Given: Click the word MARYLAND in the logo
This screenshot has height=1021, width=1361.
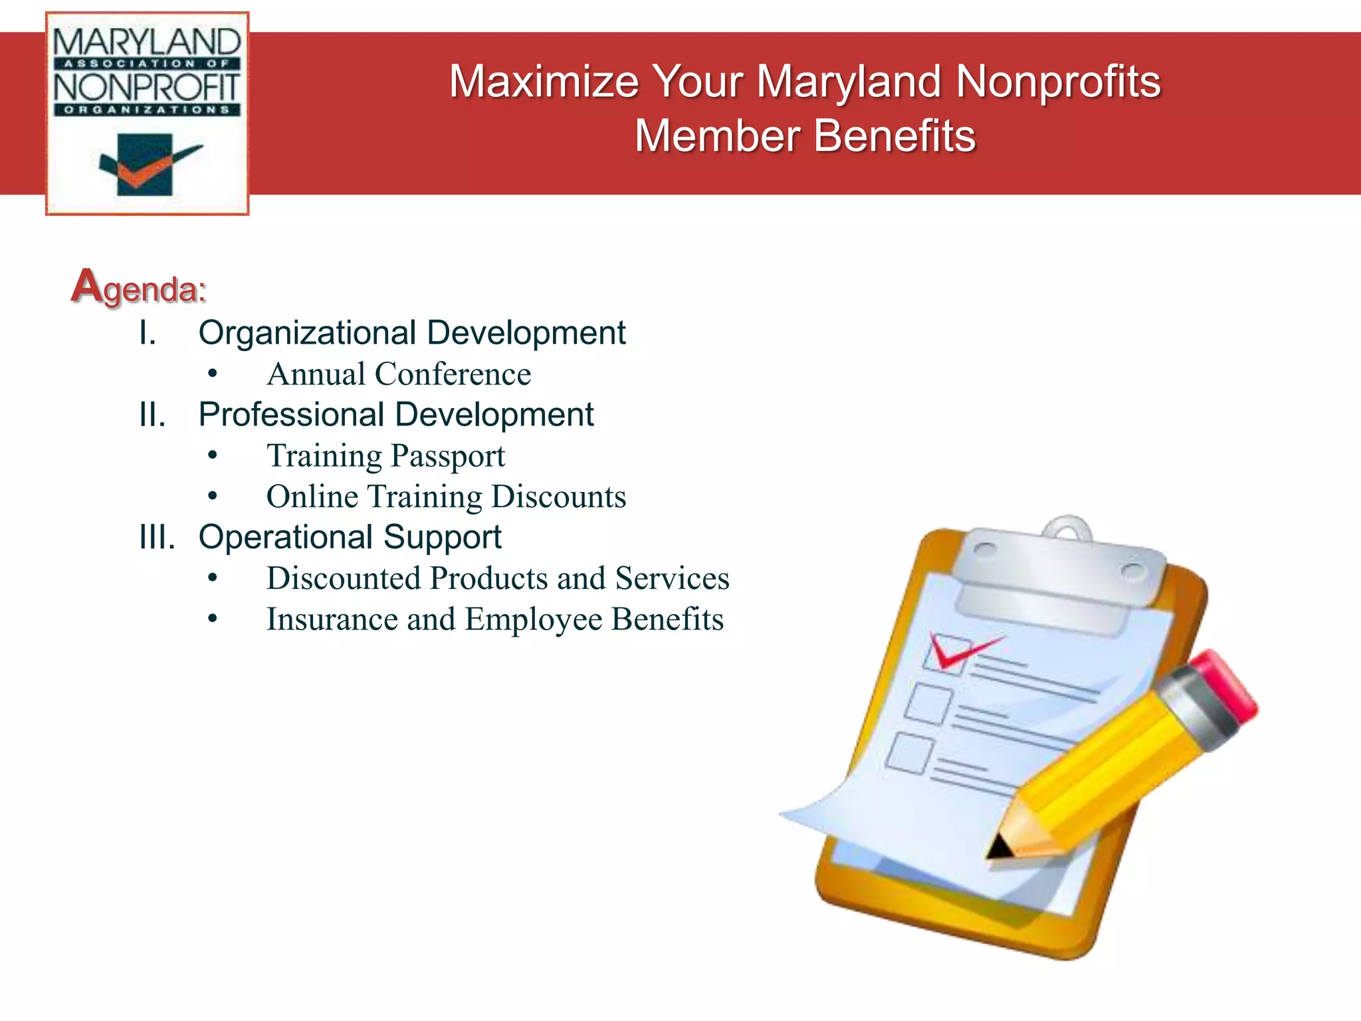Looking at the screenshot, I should pyautogui.click(x=147, y=43).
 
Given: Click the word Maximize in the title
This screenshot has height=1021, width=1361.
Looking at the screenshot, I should pyautogui.click(x=544, y=82).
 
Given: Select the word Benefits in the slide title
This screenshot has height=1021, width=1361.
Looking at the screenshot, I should pyautogui.click(x=894, y=137).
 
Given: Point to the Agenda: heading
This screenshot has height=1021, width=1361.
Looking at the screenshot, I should pyautogui.click(x=139, y=288).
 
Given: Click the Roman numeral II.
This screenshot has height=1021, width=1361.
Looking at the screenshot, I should pyautogui.click(x=152, y=415).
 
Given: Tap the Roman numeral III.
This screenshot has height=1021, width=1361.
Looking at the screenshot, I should pyautogui.click(x=157, y=537).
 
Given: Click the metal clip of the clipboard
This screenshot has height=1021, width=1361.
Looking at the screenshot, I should pyautogui.click(x=1059, y=572).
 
